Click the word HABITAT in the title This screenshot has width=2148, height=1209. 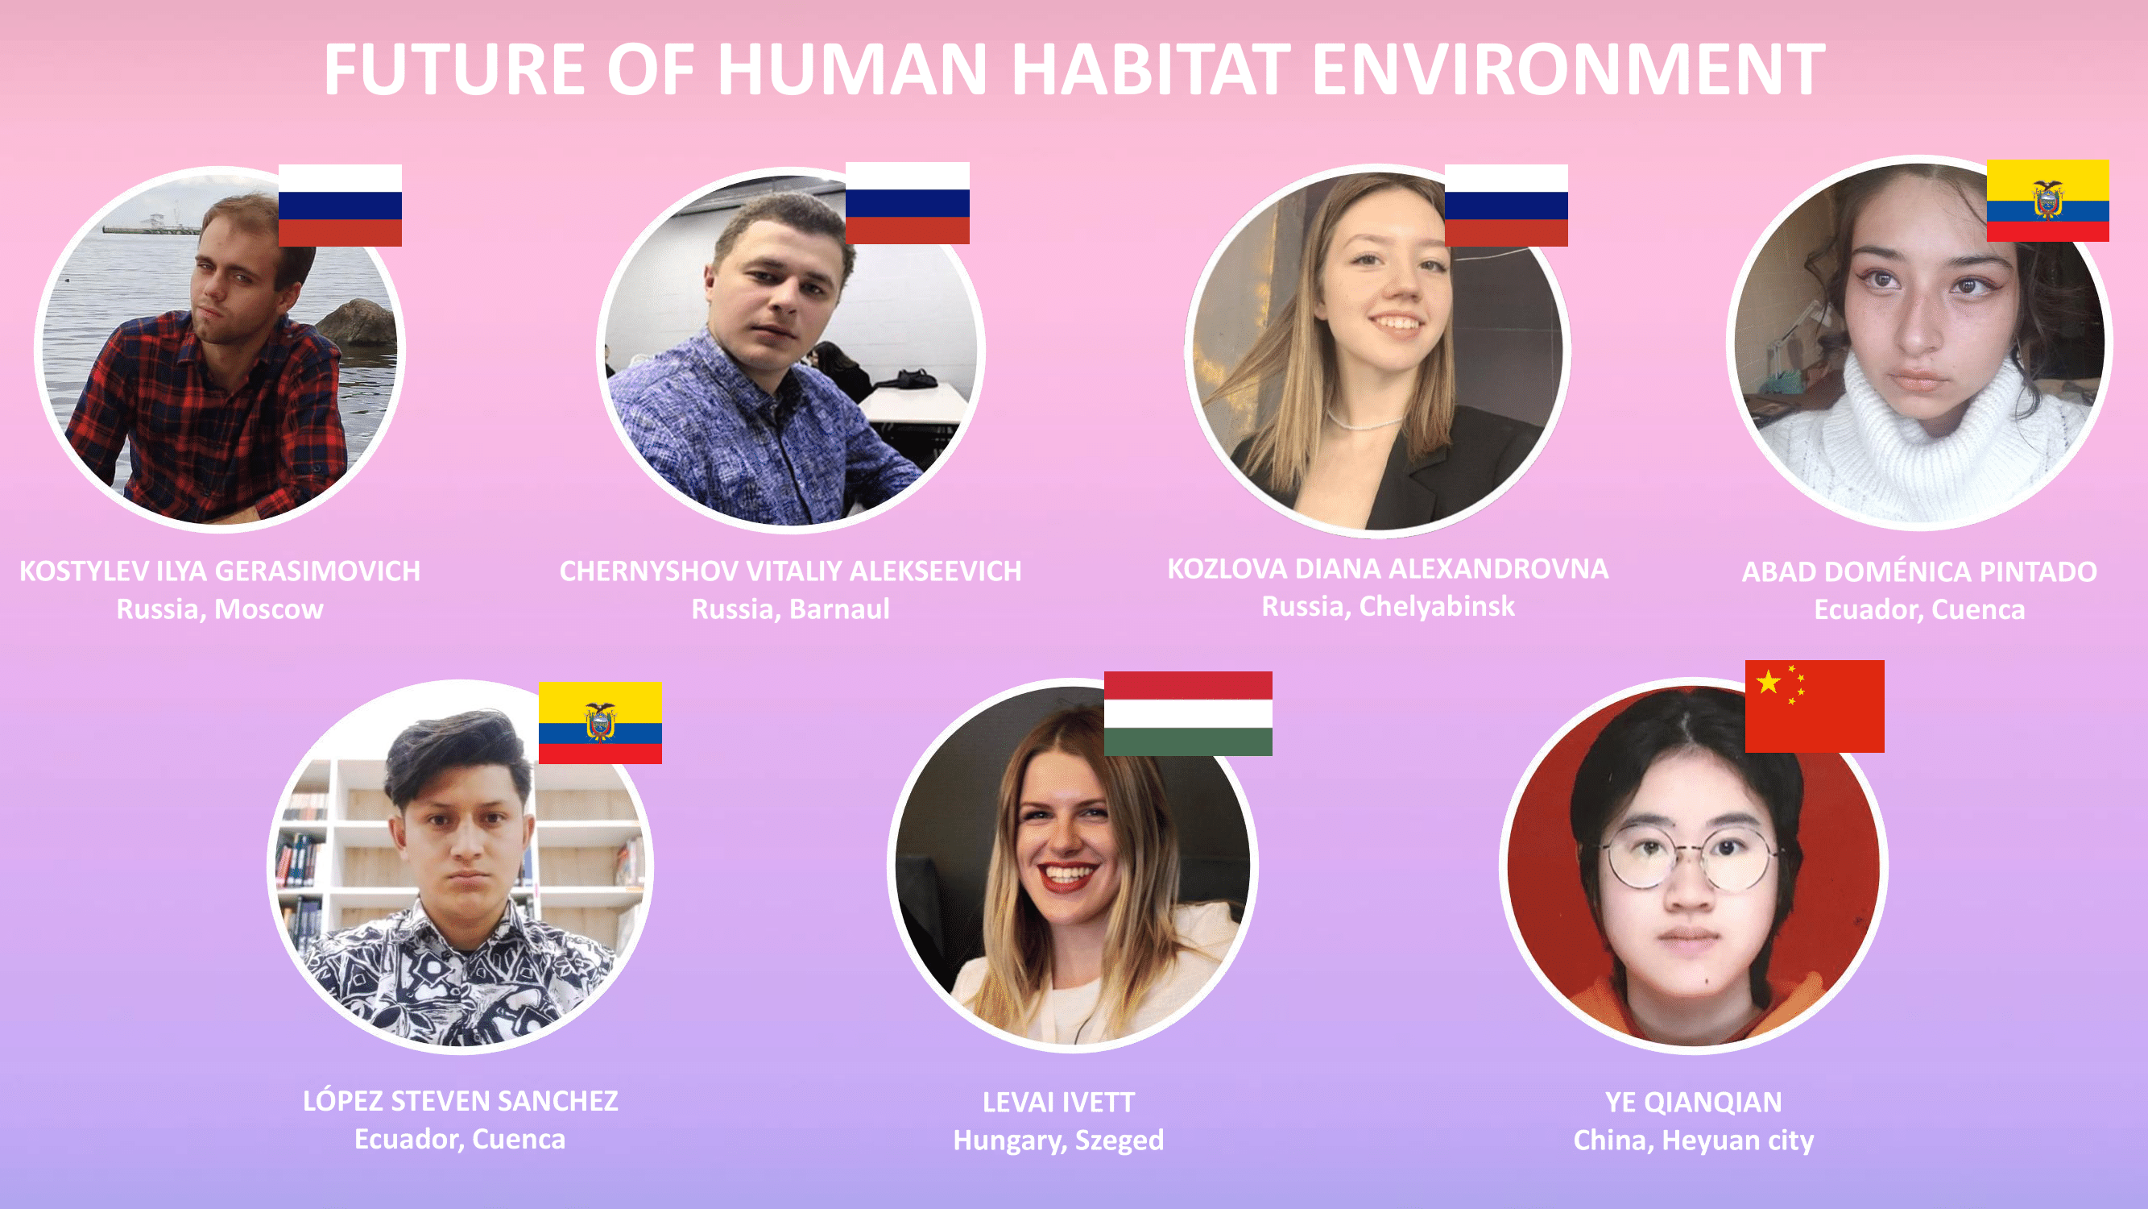(x=1151, y=69)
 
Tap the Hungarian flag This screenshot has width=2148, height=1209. (x=1188, y=713)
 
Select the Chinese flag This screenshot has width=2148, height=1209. (x=1815, y=706)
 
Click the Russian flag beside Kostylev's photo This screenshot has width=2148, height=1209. (x=340, y=206)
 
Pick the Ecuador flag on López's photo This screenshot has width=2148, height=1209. (x=600, y=722)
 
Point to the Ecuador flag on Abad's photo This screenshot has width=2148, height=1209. (x=2048, y=201)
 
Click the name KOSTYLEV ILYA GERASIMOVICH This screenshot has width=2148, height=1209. (x=220, y=571)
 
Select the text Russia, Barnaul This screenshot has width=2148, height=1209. (x=790, y=609)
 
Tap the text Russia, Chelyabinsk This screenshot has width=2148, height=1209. (x=1388, y=607)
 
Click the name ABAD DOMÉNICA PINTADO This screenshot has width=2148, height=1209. (x=1919, y=571)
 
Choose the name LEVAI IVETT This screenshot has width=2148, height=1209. (x=1059, y=1102)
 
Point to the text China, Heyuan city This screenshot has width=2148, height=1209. (x=1694, y=1140)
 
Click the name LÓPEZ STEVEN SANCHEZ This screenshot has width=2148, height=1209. (x=461, y=1100)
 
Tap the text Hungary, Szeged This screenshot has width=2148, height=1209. (x=1059, y=1140)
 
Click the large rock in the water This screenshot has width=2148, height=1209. (x=357, y=322)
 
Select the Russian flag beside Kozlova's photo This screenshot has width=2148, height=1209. (x=1506, y=206)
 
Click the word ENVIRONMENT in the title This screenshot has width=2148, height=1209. (x=1568, y=69)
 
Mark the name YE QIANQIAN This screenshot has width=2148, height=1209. (x=1694, y=1102)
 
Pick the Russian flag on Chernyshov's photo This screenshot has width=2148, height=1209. (x=907, y=203)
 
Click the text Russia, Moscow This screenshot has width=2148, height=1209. (x=220, y=609)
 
